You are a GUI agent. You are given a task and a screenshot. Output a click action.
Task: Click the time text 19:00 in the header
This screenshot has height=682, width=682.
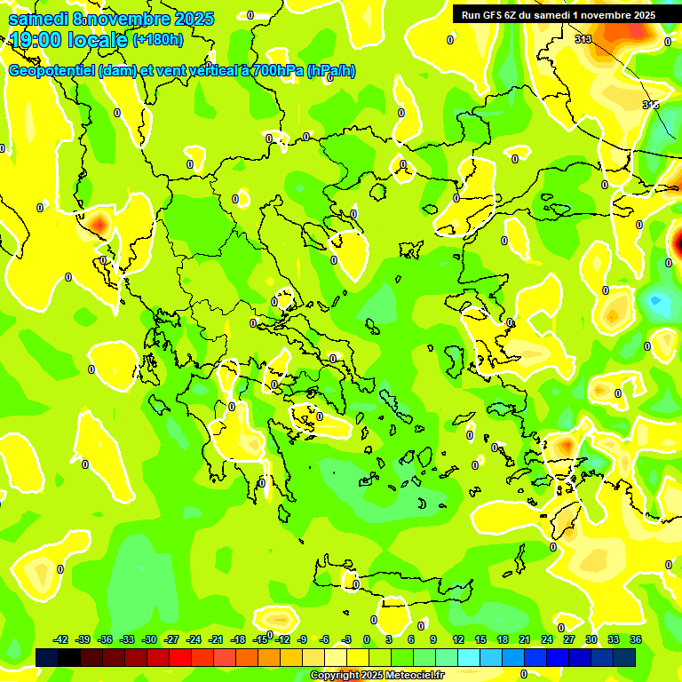(x=39, y=40)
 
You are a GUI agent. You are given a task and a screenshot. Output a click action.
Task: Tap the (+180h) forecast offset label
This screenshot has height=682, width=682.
(x=158, y=39)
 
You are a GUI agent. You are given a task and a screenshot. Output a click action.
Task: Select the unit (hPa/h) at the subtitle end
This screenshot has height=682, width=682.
(x=330, y=71)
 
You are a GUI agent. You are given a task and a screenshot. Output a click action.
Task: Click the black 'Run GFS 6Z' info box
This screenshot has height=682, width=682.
(x=559, y=14)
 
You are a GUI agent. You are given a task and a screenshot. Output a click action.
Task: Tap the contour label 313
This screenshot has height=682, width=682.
(x=583, y=39)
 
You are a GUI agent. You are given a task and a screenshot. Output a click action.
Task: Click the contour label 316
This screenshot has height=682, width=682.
(x=650, y=105)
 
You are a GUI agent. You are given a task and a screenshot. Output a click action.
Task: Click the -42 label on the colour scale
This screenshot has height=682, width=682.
(x=61, y=639)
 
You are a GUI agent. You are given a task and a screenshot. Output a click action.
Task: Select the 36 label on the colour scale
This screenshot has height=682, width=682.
(x=636, y=639)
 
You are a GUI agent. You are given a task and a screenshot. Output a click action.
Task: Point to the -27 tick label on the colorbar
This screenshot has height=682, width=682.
(x=171, y=639)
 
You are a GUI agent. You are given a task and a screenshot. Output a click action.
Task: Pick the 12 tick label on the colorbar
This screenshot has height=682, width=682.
(x=458, y=639)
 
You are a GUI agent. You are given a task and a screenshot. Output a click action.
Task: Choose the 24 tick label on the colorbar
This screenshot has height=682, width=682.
(x=547, y=639)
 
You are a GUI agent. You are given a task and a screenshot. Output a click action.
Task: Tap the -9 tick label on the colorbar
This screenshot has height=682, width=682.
(x=303, y=639)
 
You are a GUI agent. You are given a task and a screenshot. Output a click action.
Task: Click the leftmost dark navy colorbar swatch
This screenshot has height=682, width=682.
(x=47, y=656)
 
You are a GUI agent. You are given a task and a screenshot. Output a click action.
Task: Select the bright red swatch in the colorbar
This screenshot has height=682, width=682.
(x=180, y=656)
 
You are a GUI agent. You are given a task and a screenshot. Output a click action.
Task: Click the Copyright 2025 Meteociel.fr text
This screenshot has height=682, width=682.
(x=377, y=676)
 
